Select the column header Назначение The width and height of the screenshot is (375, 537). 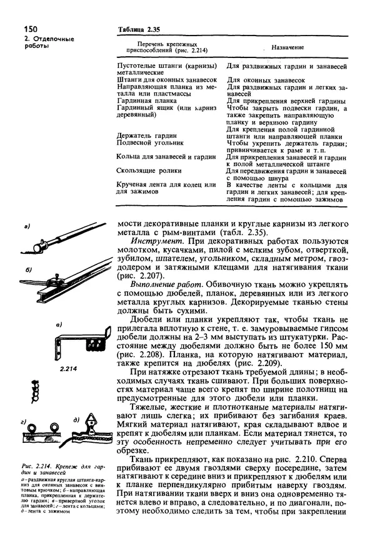287,47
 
